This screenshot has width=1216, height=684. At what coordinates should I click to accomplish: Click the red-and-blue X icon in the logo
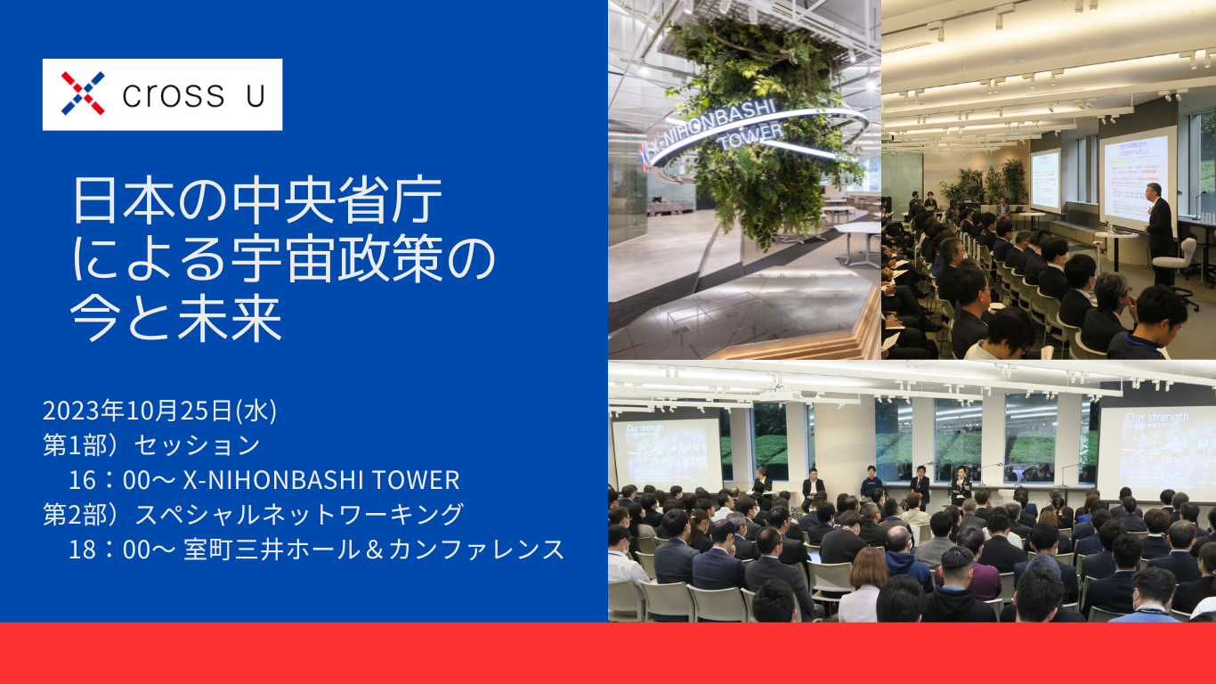83,94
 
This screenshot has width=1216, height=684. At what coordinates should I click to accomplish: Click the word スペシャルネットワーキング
298,515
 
